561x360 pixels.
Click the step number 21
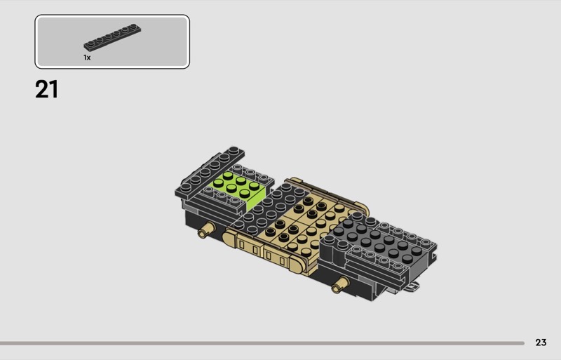(x=46, y=90)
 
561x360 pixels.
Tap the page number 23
(x=541, y=342)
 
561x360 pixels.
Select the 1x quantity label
(x=87, y=58)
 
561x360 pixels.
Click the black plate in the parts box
(x=112, y=37)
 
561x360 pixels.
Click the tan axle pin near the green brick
(x=206, y=229)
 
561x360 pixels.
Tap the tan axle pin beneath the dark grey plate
(x=340, y=284)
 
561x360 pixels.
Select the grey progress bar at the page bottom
(x=262, y=343)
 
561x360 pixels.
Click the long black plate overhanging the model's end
(x=209, y=172)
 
